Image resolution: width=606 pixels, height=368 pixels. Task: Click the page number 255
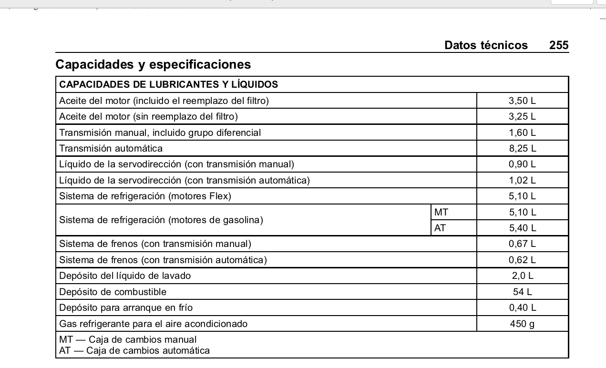(559, 45)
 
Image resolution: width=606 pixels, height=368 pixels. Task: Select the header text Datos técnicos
(486, 45)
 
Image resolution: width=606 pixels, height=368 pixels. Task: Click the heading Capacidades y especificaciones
(153, 64)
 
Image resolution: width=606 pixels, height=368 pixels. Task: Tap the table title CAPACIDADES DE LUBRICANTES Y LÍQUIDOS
(168, 85)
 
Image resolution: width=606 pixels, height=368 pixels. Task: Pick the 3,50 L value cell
(522, 101)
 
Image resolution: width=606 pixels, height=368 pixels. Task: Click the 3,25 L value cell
(522, 116)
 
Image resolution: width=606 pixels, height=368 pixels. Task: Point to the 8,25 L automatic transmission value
(522, 148)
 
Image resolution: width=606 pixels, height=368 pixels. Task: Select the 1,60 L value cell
(522, 133)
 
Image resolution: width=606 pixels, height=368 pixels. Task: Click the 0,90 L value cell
(522, 164)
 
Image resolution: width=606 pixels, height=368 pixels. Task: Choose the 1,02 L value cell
(522, 180)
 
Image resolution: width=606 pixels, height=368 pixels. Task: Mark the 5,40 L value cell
(522, 228)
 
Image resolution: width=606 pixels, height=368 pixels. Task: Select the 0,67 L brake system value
(522, 244)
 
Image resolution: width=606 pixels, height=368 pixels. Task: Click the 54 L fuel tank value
(522, 292)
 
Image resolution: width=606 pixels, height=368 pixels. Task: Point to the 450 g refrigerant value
(522, 324)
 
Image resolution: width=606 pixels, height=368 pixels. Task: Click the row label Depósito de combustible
(113, 292)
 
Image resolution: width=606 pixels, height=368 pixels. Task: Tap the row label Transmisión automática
(111, 148)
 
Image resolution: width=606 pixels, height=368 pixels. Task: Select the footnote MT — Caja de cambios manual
(128, 340)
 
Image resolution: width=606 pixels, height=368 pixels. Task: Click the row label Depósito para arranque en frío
(126, 308)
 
